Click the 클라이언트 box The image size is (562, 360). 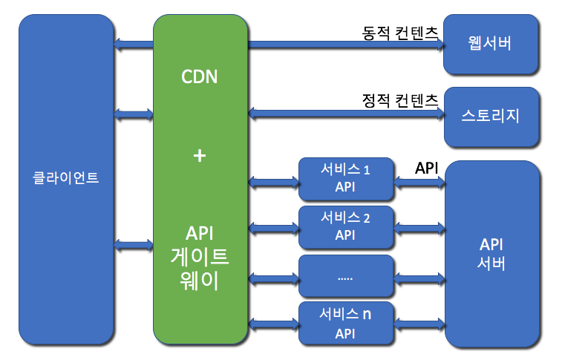point(66,178)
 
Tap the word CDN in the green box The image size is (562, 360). point(200,76)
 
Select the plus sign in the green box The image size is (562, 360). point(199,156)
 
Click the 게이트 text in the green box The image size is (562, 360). point(200,258)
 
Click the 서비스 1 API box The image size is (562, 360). point(345,179)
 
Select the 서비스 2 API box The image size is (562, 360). point(345,226)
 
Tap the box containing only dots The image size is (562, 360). point(345,277)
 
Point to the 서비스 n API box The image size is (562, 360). point(345,323)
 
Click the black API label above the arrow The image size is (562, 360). point(426,168)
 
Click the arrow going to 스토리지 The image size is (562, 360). point(345,113)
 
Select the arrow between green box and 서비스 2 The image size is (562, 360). point(272,227)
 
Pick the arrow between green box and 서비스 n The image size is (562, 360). point(272,323)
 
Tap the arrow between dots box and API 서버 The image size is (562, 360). point(419,278)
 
